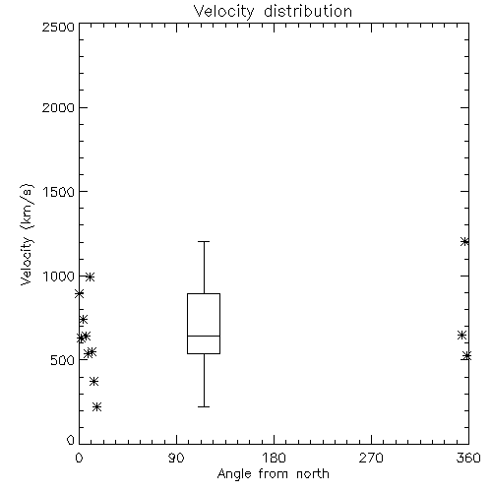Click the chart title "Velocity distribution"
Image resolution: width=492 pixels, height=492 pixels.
tap(273, 12)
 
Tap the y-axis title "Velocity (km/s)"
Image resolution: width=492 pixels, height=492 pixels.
tap(27, 235)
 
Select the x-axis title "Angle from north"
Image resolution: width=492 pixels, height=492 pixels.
tap(273, 473)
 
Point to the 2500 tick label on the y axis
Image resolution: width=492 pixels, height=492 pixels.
tap(58, 27)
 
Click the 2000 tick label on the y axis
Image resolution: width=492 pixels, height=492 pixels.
tap(58, 107)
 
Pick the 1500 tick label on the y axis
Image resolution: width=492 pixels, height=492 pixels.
tap(59, 192)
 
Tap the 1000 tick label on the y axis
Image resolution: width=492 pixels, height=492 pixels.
tap(59, 276)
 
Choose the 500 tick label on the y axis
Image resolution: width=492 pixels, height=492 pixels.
tap(63, 360)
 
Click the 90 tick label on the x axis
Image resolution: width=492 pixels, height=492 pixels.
tap(176, 458)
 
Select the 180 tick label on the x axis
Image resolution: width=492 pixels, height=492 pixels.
tap(274, 458)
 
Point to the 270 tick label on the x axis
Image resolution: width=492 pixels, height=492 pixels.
tap(371, 458)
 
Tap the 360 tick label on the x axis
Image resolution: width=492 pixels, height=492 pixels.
tap(468, 458)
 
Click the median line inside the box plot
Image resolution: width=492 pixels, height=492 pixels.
tap(204, 336)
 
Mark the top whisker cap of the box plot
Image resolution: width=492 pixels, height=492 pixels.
tap(204, 241)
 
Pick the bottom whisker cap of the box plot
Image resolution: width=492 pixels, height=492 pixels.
tap(204, 406)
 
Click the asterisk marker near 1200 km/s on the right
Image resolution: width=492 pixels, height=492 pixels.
tap(464, 242)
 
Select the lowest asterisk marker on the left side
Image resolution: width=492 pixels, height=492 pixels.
tap(96, 407)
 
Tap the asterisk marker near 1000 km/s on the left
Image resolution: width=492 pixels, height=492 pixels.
tap(90, 277)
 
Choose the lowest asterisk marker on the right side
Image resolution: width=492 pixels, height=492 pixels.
tap(466, 355)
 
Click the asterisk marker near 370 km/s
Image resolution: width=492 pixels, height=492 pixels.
tap(94, 381)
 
